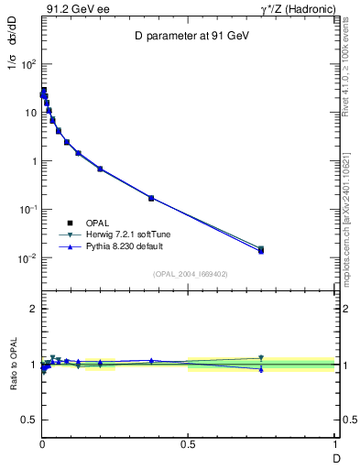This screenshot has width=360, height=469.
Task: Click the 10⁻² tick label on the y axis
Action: click(x=28, y=258)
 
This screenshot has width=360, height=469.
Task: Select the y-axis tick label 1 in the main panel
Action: click(x=34, y=161)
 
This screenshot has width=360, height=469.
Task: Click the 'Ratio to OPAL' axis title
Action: click(x=15, y=365)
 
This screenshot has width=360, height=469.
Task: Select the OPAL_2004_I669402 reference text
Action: click(x=190, y=274)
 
